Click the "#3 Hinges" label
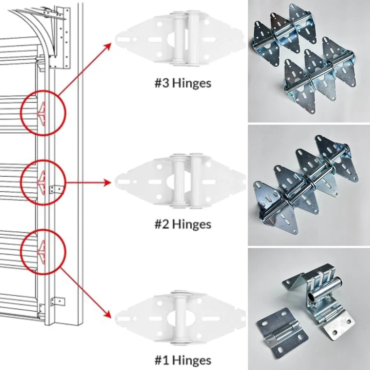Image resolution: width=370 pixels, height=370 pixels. (x=183, y=84)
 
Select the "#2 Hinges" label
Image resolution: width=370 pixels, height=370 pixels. (x=183, y=223)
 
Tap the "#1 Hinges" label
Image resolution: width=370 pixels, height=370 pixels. (x=183, y=360)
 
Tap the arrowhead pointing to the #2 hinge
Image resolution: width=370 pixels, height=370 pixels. (x=108, y=183)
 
